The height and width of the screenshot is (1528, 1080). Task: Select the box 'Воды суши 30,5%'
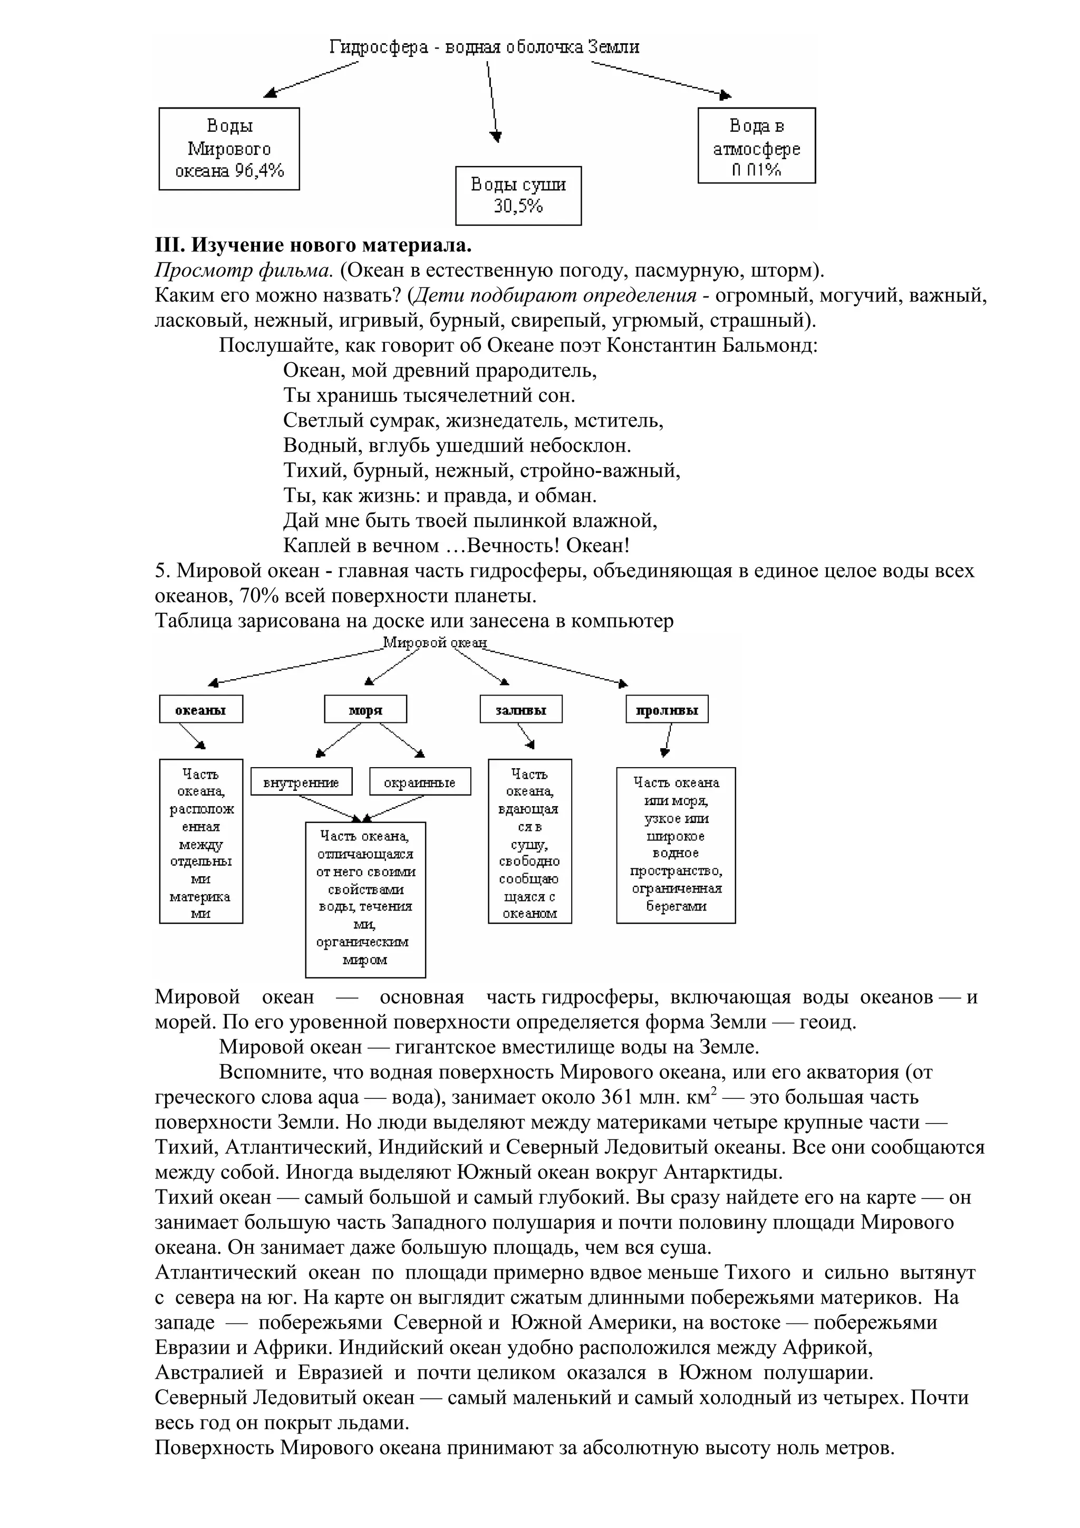pyautogui.click(x=518, y=196)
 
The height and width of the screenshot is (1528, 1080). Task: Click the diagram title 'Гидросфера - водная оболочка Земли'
pyautogui.click(x=485, y=47)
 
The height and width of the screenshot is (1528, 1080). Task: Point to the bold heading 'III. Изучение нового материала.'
pyautogui.click(x=313, y=246)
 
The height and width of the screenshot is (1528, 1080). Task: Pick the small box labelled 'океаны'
pyautogui.click(x=201, y=710)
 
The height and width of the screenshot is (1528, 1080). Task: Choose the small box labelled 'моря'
pyautogui.click(x=365, y=710)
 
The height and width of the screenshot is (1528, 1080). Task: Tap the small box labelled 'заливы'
pyautogui.click(x=521, y=710)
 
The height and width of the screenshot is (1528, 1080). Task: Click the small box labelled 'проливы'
pyautogui.click(x=667, y=710)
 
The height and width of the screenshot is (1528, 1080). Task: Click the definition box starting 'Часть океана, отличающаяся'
pyautogui.click(x=365, y=898)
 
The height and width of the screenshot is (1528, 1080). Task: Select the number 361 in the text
pyautogui.click(x=620, y=1096)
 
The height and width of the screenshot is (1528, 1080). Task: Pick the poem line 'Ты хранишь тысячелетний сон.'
pyautogui.click(x=429, y=395)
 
